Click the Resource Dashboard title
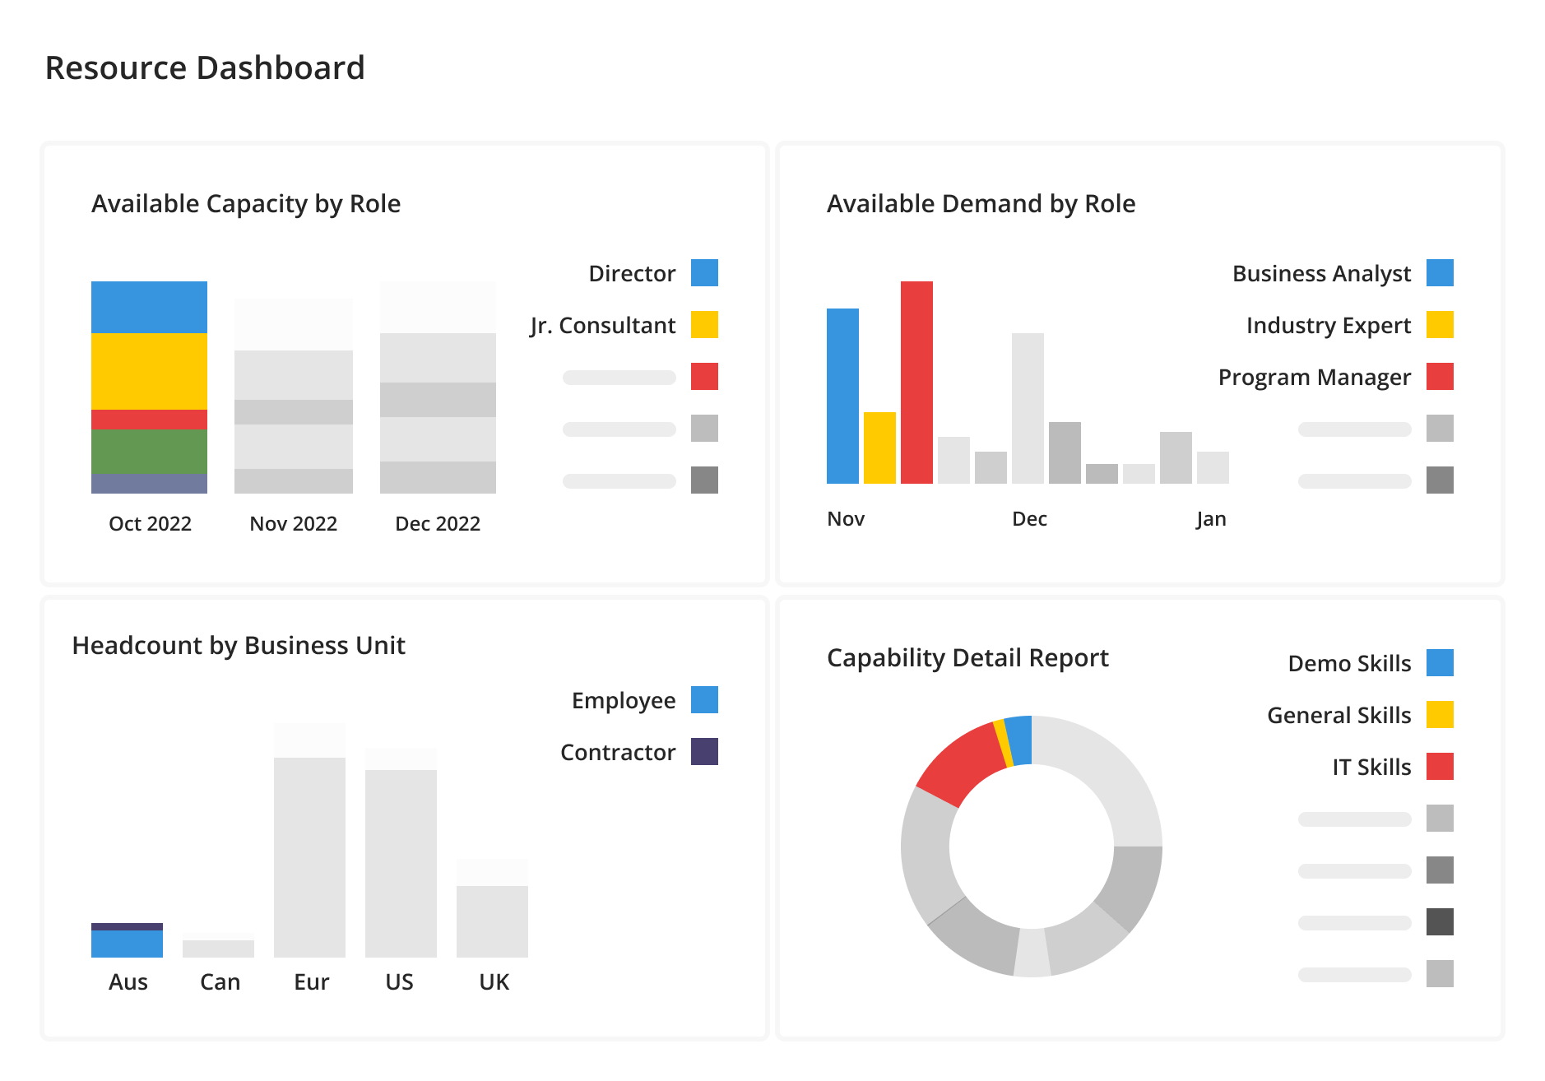tap(205, 68)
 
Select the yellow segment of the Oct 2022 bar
tap(149, 370)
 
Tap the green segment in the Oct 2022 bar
tap(149, 451)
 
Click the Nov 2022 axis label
tap(293, 524)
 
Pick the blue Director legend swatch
tap(704, 273)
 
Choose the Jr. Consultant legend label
tap(602, 326)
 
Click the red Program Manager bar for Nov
tap(916, 383)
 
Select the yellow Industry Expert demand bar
tap(879, 448)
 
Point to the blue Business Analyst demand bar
tap(842, 396)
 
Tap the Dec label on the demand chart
tap(1029, 519)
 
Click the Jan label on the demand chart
tap(1211, 519)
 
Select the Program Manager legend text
tap(1314, 378)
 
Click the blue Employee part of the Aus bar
tap(127, 944)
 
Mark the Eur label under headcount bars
tap(311, 982)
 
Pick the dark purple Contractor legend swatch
tap(704, 752)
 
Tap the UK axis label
tap(494, 982)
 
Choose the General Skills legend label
tap(1339, 716)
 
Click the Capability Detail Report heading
tap(967, 658)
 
